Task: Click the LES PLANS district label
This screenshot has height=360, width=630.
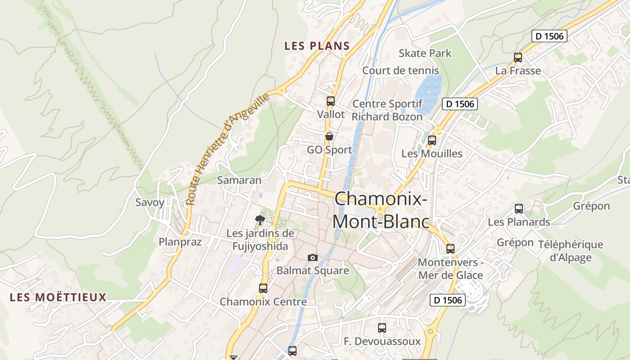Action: [317, 46]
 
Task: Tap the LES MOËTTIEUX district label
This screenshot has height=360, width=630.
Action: [58, 297]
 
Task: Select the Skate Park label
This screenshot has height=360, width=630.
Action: [425, 53]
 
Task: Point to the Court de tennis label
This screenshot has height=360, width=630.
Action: [400, 71]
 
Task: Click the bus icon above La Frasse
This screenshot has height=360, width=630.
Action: [517, 58]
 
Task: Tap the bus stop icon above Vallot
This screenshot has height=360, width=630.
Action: [331, 101]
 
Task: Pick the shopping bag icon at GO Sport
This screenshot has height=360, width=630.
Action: [329, 136]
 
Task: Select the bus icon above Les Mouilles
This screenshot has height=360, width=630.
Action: [432, 140]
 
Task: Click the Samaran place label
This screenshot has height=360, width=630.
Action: [239, 180]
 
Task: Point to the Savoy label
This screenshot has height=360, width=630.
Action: [150, 202]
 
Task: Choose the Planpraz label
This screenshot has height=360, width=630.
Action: [180, 242]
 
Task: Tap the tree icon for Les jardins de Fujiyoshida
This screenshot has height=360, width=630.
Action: [260, 220]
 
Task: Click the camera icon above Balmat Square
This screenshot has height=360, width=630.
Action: [313, 257]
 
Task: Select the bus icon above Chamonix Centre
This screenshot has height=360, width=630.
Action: [263, 288]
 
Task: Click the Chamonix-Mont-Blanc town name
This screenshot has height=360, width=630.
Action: [380, 210]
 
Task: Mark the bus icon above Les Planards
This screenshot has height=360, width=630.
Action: [519, 209]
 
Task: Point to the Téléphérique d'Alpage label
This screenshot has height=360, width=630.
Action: [571, 251]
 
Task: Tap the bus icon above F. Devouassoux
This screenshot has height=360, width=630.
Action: [382, 328]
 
